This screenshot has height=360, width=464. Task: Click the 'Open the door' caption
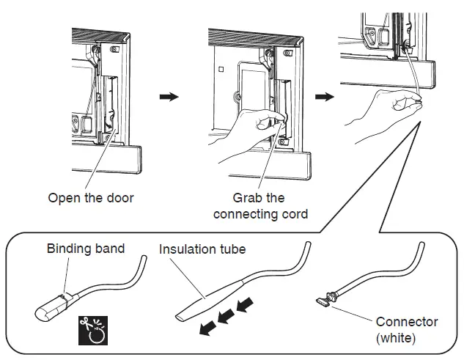click(92, 198)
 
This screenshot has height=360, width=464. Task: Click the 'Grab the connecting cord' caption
click(259, 206)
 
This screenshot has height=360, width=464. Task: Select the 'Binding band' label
click(86, 249)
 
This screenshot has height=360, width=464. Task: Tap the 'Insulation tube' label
click(202, 249)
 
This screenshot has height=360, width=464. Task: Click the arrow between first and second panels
click(169, 98)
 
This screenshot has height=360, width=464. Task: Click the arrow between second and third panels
click(323, 98)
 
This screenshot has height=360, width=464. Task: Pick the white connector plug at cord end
click(324, 300)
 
